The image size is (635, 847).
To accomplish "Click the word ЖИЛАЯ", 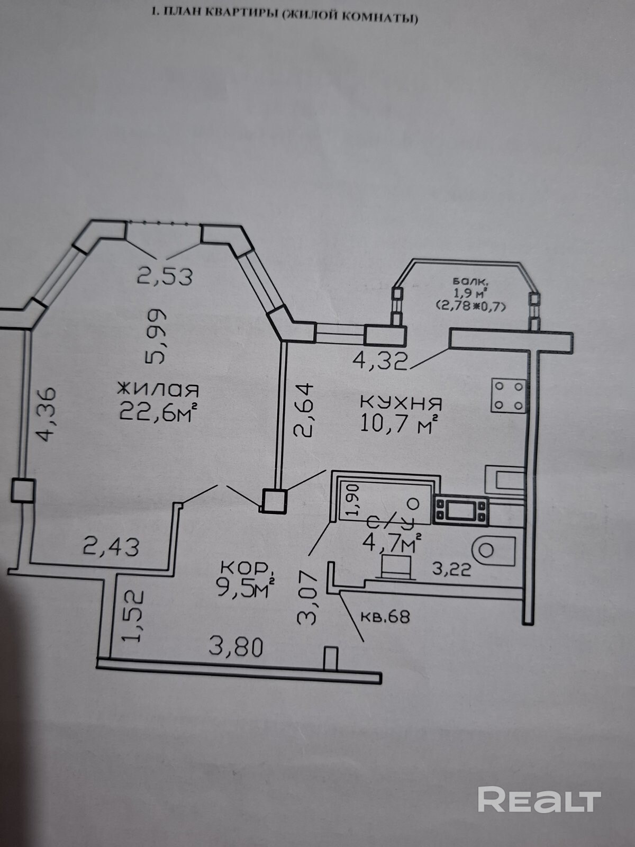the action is [x=158, y=390].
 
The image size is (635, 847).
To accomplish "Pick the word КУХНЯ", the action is [x=401, y=403].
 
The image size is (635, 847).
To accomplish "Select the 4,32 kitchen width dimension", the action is [x=381, y=361].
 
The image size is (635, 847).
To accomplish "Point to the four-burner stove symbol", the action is [x=508, y=395].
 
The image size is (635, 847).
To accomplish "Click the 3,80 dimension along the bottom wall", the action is [x=236, y=647].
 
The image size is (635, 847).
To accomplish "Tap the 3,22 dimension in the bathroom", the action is [x=451, y=570].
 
